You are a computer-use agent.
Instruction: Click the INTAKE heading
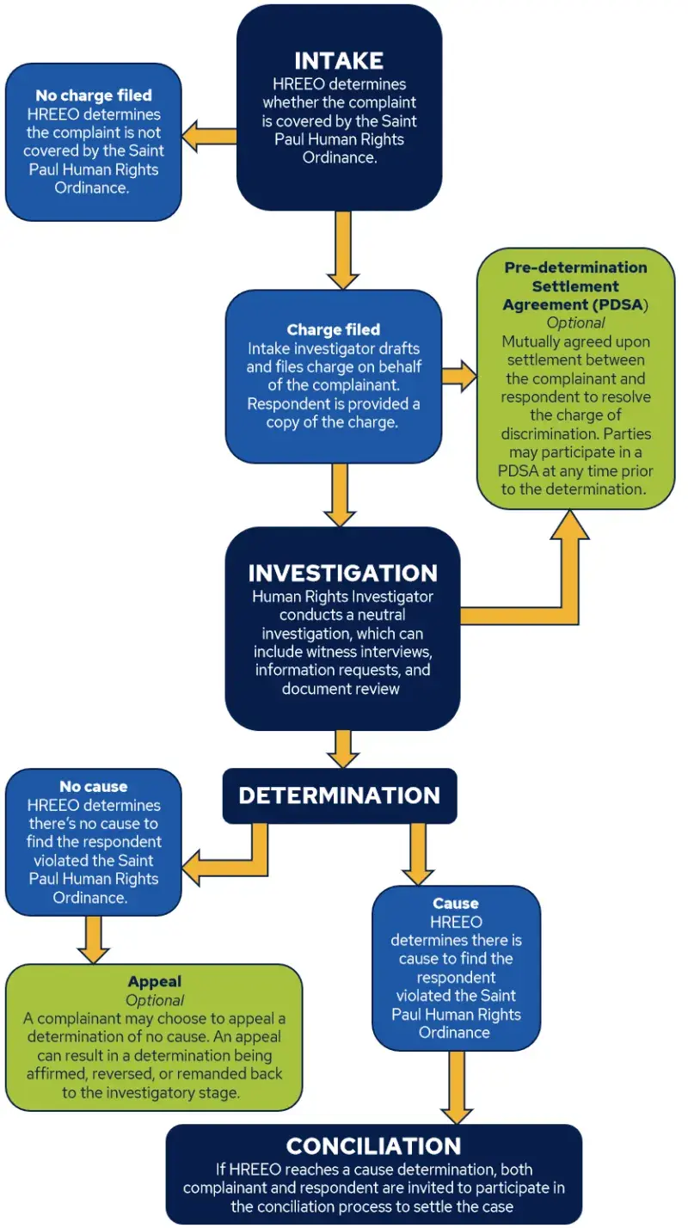[x=339, y=61]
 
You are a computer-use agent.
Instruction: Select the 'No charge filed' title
[x=93, y=95]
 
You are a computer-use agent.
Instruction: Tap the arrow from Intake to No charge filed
[x=210, y=137]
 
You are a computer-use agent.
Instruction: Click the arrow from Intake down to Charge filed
[x=342, y=249]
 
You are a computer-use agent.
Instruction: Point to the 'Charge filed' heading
[x=333, y=329]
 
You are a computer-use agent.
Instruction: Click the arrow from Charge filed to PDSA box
[x=459, y=376]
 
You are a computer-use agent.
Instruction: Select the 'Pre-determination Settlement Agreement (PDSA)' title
[x=575, y=286]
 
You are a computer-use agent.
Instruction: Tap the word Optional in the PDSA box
[x=575, y=323]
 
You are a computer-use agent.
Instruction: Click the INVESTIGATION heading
[x=342, y=573]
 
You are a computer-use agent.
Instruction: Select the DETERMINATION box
[x=339, y=795]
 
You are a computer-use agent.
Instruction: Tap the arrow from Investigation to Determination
[x=342, y=748]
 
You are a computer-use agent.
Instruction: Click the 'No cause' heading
[x=93, y=787]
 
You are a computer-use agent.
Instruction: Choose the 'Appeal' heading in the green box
[x=155, y=981]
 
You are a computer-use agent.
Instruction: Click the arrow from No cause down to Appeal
[x=93, y=939]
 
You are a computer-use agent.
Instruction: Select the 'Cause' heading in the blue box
[x=456, y=903]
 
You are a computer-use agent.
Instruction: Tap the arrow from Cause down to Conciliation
[x=457, y=1086]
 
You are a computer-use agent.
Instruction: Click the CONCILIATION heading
[x=373, y=1145]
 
